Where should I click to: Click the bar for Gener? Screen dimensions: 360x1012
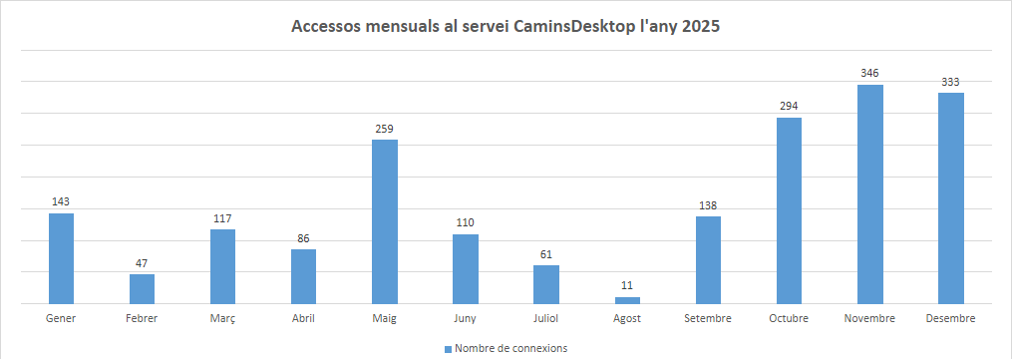61,258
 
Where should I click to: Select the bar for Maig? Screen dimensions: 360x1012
385,221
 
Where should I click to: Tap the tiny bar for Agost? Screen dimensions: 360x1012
627,300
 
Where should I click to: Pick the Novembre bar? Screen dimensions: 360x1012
870,193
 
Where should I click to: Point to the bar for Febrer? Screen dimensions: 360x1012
142,288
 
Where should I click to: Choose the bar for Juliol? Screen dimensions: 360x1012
546,284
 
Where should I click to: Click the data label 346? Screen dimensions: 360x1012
870,73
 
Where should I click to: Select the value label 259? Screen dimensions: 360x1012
385,128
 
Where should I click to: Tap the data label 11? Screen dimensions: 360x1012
627,285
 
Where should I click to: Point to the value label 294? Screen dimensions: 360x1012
790,106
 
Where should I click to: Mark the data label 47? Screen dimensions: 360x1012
142,262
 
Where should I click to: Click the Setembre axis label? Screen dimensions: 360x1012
708,318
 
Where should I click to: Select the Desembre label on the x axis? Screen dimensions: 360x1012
950,318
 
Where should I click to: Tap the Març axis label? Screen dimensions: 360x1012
222,318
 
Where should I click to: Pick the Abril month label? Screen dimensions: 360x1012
303,318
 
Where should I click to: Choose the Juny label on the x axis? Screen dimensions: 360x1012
466,318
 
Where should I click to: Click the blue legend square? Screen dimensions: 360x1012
448,348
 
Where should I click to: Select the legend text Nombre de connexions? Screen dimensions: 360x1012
510,348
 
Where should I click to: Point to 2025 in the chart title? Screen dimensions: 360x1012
700,28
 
